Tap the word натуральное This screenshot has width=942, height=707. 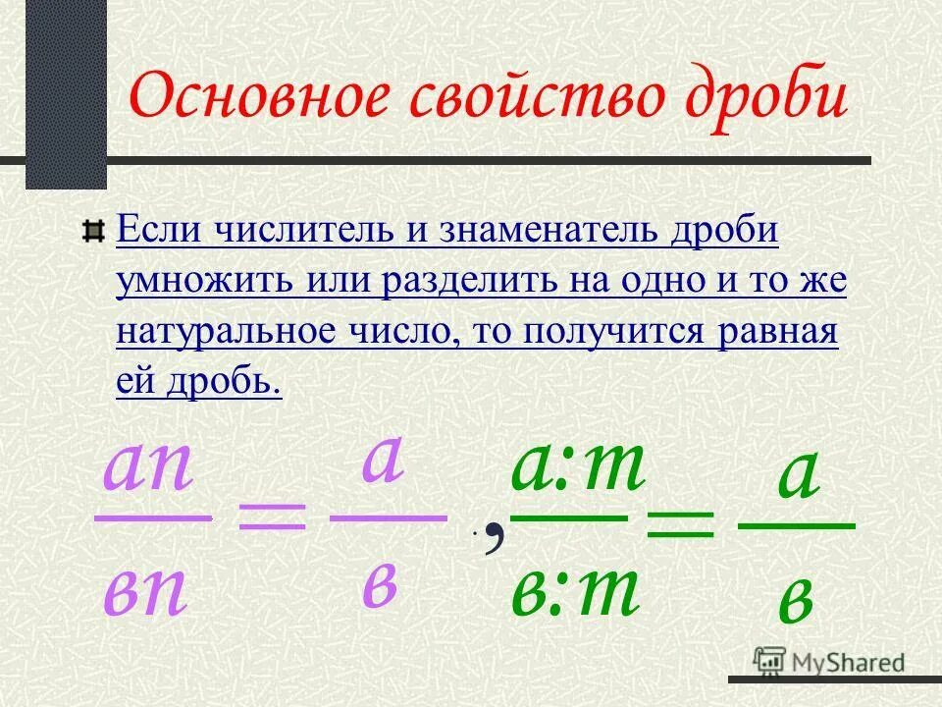tap(227, 331)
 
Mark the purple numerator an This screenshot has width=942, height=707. tap(149, 469)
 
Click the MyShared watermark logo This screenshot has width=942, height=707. tap(830, 662)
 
